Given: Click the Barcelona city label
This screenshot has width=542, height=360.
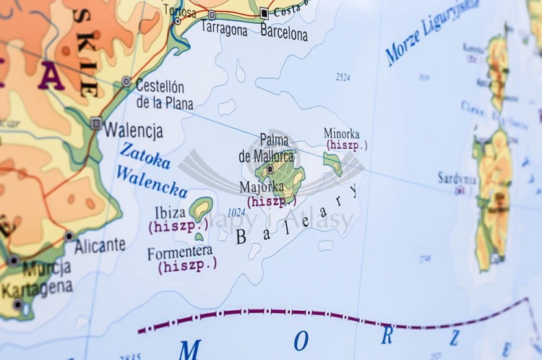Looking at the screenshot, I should (x=283, y=33).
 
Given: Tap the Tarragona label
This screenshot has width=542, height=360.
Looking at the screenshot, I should (x=223, y=30).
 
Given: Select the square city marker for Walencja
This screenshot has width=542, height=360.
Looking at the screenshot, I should (x=96, y=124).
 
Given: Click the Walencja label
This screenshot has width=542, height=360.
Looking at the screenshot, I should (x=134, y=131).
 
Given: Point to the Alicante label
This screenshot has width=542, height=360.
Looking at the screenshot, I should (x=100, y=245).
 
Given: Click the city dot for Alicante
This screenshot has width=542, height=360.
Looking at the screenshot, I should (x=69, y=236).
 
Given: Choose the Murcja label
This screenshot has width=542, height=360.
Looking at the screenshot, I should (x=46, y=269).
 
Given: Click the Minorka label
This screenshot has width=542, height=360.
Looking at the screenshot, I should (x=341, y=134).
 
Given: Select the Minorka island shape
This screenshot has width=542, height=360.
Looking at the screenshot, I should (x=333, y=162).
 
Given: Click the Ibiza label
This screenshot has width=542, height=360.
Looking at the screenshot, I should (x=170, y=213).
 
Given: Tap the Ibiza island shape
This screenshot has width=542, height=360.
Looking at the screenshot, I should (x=201, y=208).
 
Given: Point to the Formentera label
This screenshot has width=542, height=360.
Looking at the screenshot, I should (x=180, y=252).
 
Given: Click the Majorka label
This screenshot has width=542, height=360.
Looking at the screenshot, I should (x=262, y=187).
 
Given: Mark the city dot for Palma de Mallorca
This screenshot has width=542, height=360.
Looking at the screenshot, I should (x=270, y=169).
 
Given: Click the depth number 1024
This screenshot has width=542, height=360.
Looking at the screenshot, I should (x=236, y=213).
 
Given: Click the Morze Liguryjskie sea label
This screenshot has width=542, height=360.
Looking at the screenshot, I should (x=431, y=33).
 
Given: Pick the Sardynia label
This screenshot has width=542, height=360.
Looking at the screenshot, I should (x=457, y=178).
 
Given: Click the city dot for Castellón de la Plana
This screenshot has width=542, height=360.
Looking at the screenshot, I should (x=126, y=82).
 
